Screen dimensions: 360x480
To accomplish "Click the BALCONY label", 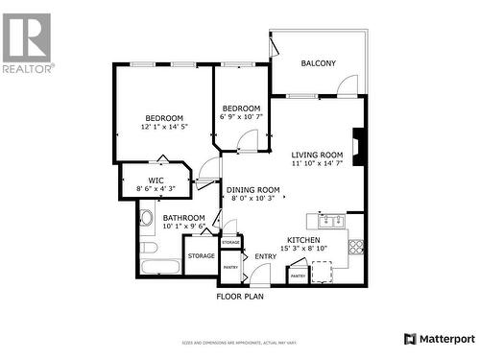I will pyautogui.click(x=319, y=63).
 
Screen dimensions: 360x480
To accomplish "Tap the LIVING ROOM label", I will pyautogui.click(x=318, y=155).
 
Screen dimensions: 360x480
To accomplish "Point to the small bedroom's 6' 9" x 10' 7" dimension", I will pyautogui.click(x=241, y=118).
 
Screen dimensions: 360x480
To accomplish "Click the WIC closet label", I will pyautogui.click(x=156, y=179).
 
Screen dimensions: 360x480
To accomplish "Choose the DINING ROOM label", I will pyautogui.click(x=253, y=189).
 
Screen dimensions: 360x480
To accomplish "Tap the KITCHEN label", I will pyautogui.click(x=303, y=240).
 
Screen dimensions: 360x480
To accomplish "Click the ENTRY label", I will pyautogui.click(x=265, y=256).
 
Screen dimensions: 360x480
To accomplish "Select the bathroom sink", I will pyautogui.click(x=146, y=218).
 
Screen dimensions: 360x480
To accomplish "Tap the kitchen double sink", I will pyautogui.click(x=332, y=221).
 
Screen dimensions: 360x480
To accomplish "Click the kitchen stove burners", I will pyautogui.click(x=355, y=245).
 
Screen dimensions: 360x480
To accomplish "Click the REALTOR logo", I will pyautogui.click(x=27, y=42).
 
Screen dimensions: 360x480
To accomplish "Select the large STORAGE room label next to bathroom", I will pyautogui.click(x=201, y=256).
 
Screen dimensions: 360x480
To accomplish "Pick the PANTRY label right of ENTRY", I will pyautogui.click(x=298, y=276).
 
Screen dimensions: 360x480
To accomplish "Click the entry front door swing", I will pyautogui.click(x=257, y=275).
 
